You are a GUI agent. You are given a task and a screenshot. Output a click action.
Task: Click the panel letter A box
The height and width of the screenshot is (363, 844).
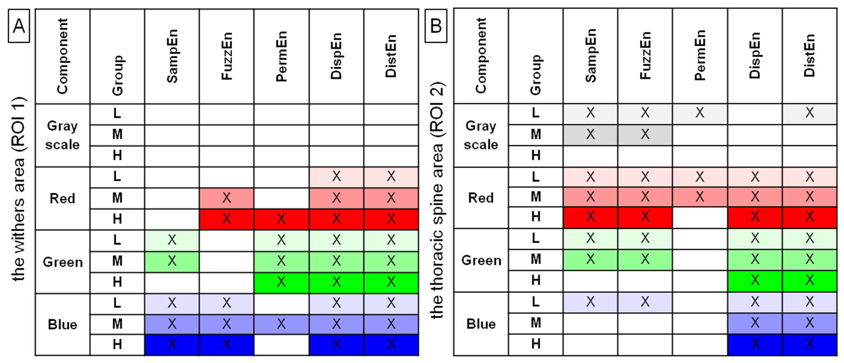pyautogui.click(x=19, y=26)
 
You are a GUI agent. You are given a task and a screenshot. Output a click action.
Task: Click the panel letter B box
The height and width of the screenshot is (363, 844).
pyautogui.click(x=436, y=25)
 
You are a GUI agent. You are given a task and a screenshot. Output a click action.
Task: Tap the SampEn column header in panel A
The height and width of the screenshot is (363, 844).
pyautogui.click(x=172, y=56)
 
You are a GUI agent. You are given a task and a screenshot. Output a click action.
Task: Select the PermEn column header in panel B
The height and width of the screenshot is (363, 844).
pyautogui.click(x=700, y=56)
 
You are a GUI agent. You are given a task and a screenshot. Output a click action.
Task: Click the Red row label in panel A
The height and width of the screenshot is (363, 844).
pyautogui.click(x=62, y=198)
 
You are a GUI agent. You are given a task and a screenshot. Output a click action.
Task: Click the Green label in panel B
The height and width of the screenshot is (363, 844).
pyautogui.click(x=481, y=260)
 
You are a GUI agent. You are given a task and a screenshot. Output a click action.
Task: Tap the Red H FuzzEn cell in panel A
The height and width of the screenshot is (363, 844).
pyautogui.click(x=226, y=219)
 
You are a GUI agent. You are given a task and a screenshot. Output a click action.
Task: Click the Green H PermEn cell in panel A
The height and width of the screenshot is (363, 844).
pyautogui.click(x=281, y=282)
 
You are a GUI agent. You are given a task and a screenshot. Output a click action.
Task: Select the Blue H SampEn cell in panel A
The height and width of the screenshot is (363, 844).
pyautogui.click(x=172, y=344)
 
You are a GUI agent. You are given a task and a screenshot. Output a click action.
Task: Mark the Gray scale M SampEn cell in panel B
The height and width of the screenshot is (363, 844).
pyautogui.click(x=590, y=134)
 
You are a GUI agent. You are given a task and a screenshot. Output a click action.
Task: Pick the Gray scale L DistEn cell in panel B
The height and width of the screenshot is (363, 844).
pyautogui.click(x=809, y=113)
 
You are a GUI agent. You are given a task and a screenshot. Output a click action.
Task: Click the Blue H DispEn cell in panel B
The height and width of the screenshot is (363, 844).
pyautogui.click(x=755, y=344)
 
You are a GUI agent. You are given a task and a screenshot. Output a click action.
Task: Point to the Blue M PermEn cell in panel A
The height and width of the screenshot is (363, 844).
pyautogui.click(x=281, y=324)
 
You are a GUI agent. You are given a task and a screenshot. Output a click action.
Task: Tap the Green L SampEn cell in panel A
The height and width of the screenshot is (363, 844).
pyautogui.click(x=172, y=240)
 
